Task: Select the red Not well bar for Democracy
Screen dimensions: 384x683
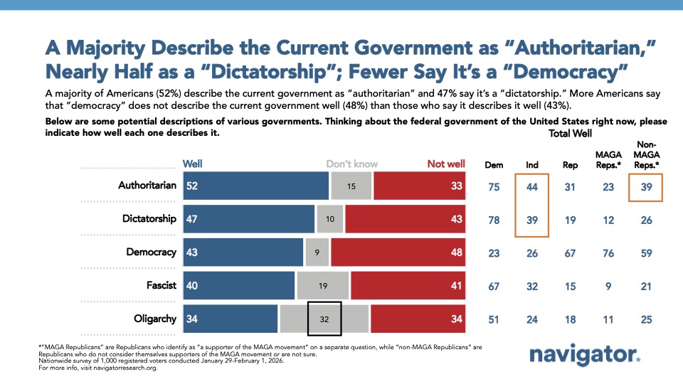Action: click(x=398, y=252)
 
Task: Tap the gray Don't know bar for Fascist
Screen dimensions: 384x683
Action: click(x=324, y=285)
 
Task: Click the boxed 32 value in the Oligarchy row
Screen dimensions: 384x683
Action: click(x=324, y=319)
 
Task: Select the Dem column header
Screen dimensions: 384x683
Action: click(x=493, y=165)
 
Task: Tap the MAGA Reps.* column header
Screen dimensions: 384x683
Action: click(x=608, y=159)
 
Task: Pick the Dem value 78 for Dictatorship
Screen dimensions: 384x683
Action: click(x=493, y=219)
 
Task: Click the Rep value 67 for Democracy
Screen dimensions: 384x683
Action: click(x=570, y=252)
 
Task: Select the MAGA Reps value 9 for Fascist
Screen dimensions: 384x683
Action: click(x=608, y=285)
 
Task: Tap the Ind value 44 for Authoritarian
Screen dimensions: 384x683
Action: click(x=531, y=186)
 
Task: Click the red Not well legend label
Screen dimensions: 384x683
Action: click(x=445, y=164)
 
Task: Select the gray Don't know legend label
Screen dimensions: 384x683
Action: click(x=351, y=164)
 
